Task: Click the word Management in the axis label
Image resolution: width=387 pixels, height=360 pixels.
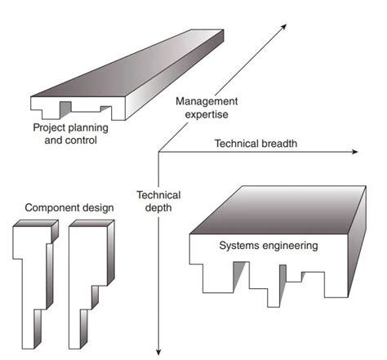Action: coord(207,101)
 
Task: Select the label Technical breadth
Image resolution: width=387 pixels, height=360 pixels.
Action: coord(256,143)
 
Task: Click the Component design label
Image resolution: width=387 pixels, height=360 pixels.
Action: coord(69,208)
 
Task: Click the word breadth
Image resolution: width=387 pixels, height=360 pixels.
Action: coord(278,143)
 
